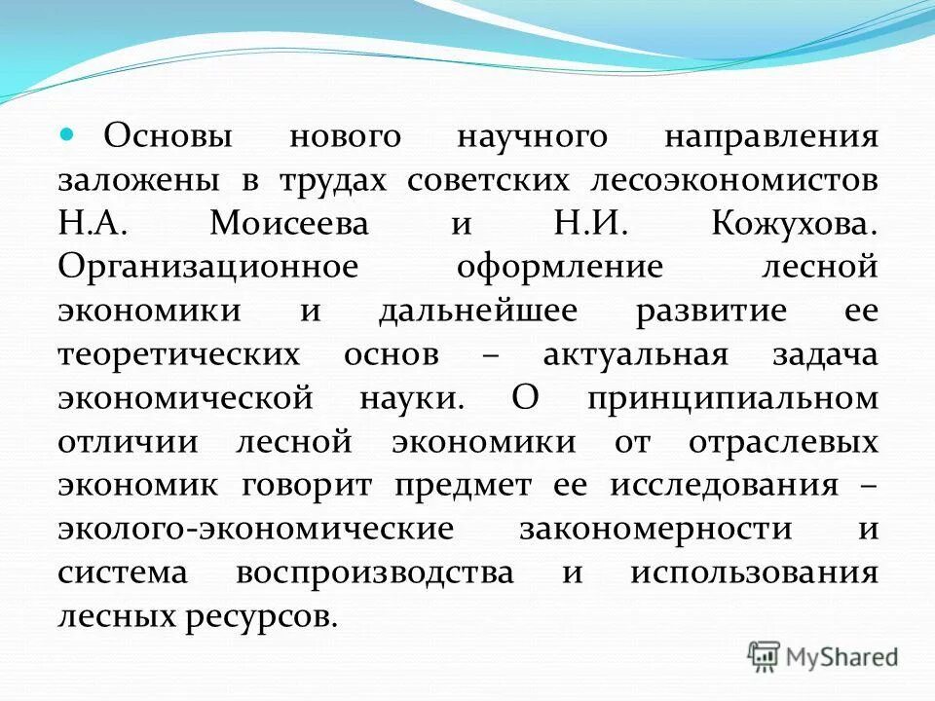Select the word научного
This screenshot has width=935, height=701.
pos(532,136)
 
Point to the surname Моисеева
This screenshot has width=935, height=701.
pos(289,224)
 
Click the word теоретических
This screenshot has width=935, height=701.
pos(178,355)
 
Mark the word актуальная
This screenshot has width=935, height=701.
pos(635,355)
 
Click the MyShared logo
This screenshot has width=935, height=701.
pos(824,656)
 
